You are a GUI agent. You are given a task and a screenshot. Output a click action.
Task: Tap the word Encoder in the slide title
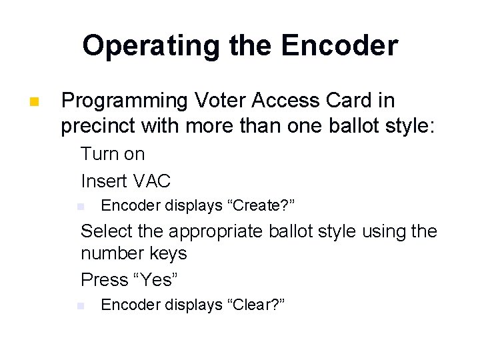pos(339,46)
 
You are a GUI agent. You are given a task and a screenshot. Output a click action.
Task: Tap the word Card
pos(333,101)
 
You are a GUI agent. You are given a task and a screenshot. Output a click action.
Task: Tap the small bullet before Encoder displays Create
pos(80,206)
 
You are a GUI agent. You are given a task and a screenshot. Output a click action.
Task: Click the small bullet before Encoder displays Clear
pos(80,305)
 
